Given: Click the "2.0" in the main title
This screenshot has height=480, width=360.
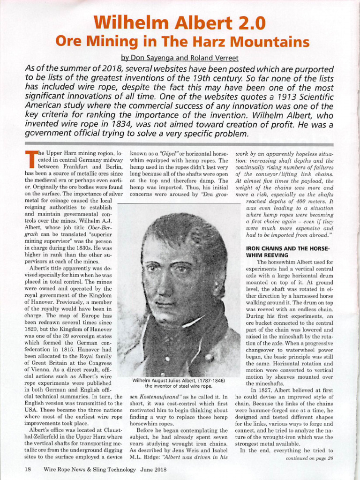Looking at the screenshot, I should click(x=248, y=22).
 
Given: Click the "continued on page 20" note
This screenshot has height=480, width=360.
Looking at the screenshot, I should click(x=309, y=458).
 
